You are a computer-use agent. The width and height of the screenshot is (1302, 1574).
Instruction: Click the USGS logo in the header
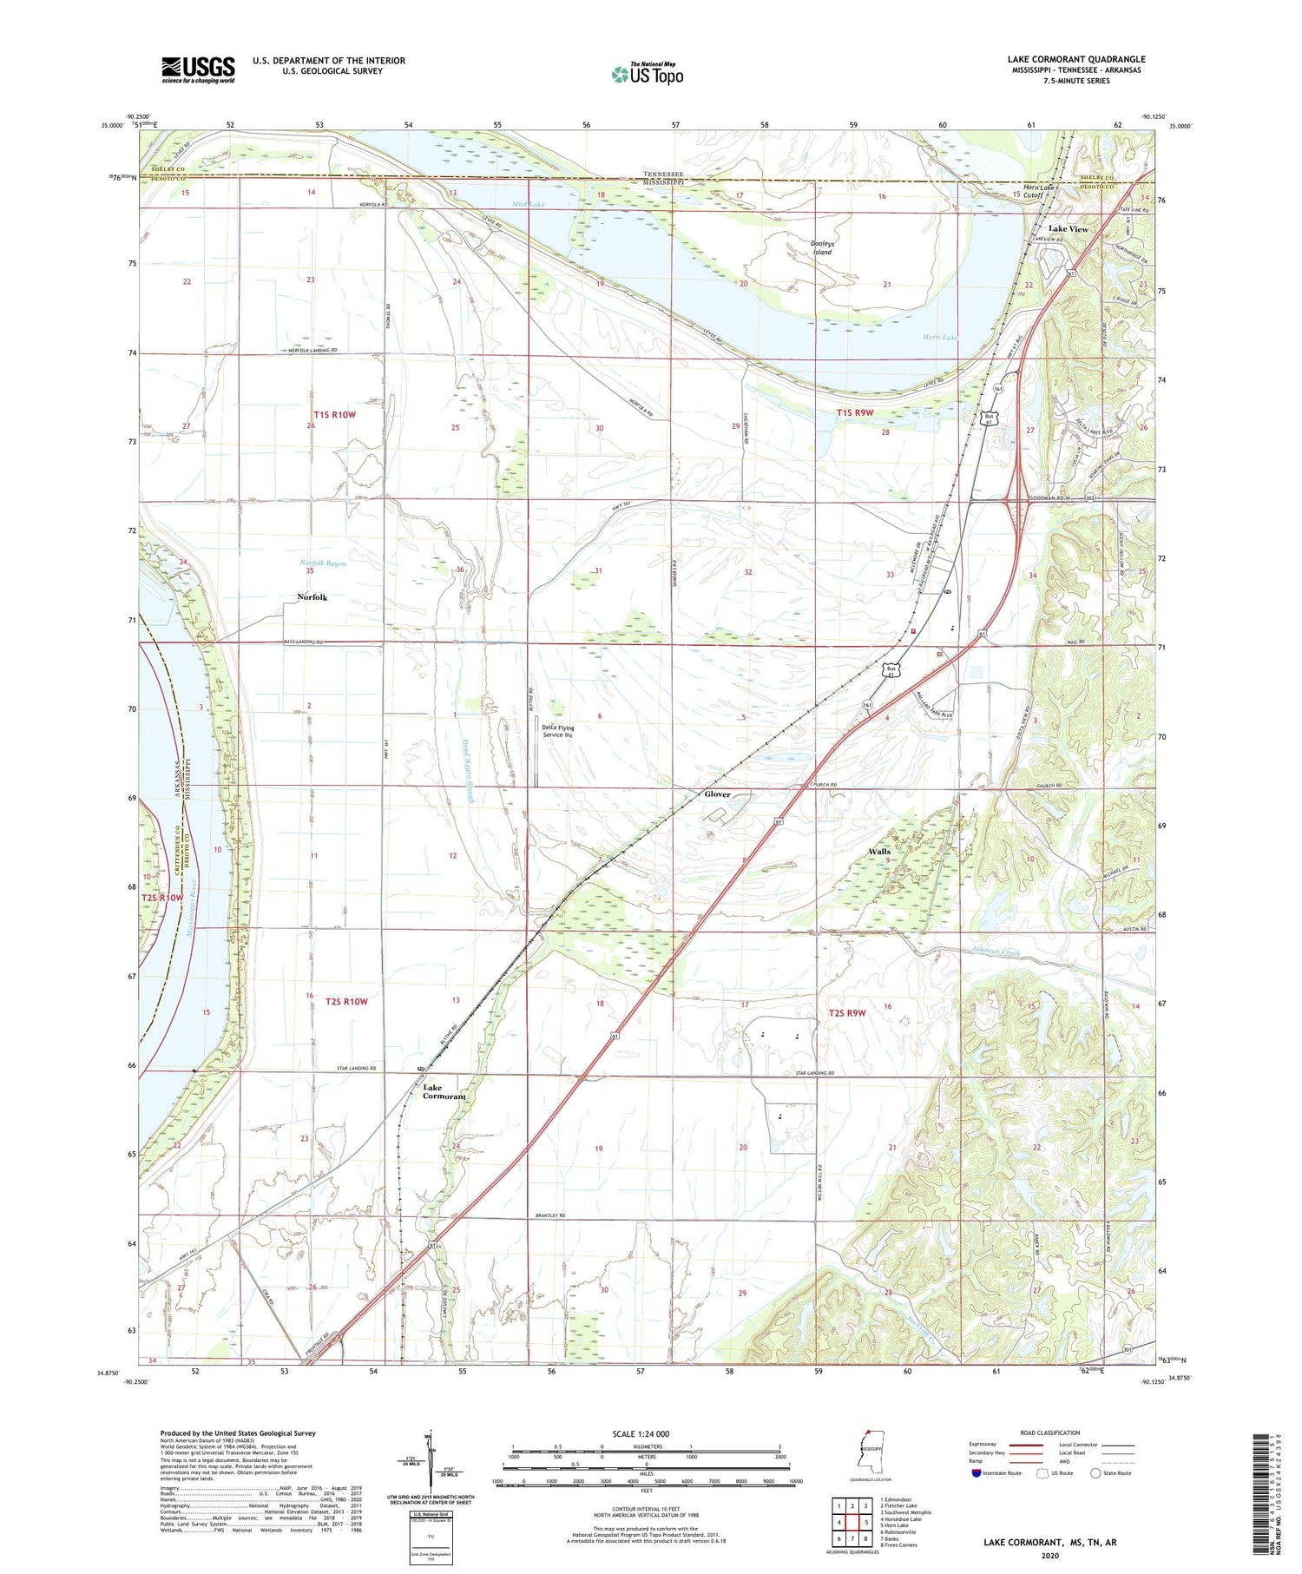click(x=198, y=69)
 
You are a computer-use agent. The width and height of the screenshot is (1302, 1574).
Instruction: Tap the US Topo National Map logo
click(x=647, y=74)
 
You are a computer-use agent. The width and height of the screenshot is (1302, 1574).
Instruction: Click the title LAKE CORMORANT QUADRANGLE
click(x=1075, y=59)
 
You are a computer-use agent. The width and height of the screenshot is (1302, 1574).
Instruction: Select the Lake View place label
click(x=1068, y=229)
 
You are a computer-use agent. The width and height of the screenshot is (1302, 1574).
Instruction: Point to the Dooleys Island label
click(x=822, y=247)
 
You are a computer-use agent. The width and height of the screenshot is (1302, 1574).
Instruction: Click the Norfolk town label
click(x=312, y=597)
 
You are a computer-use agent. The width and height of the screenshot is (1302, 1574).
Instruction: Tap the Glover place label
click(x=717, y=794)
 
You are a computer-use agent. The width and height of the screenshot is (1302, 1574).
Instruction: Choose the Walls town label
click(x=879, y=852)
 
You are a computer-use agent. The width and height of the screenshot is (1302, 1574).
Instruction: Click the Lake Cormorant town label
click(x=444, y=1091)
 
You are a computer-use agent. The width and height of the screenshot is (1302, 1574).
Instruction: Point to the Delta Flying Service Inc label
click(x=558, y=731)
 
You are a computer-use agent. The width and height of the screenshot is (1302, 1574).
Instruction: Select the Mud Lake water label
click(x=528, y=204)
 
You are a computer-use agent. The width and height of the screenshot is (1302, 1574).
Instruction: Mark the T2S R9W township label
click(x=846, y=1013)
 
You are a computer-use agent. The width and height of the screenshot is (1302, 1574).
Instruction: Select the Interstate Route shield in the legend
click(x=976, y=1473)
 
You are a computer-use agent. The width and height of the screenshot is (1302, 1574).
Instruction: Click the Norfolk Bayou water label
click(x=323, y=563)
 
